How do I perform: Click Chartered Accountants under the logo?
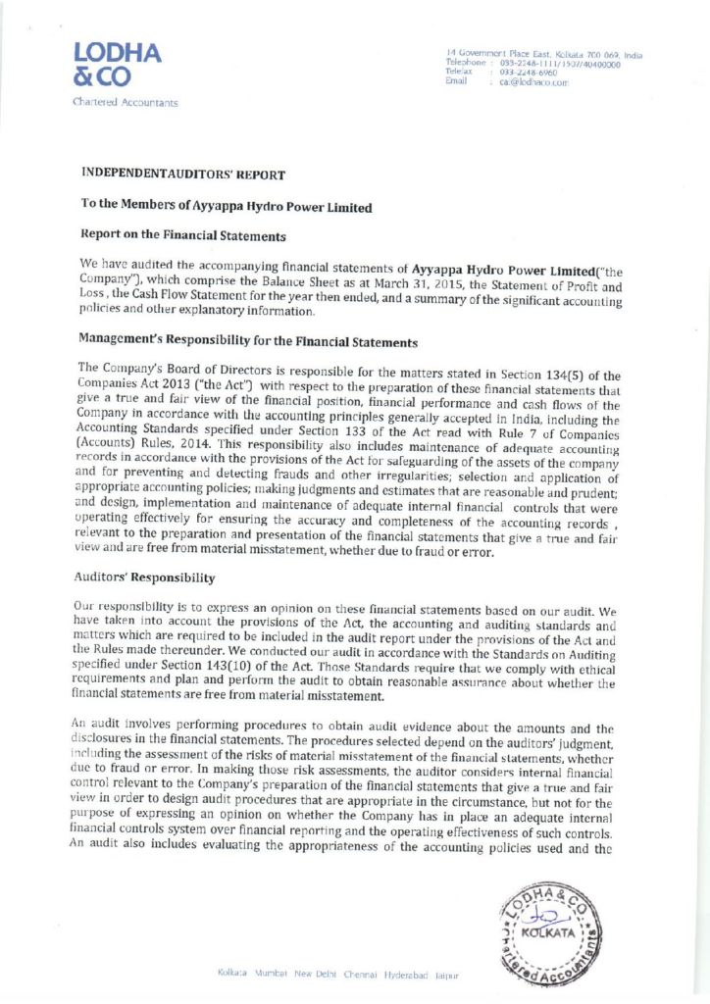click(x=123, y=102)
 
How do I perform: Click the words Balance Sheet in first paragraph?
click(x=253, y=280)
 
